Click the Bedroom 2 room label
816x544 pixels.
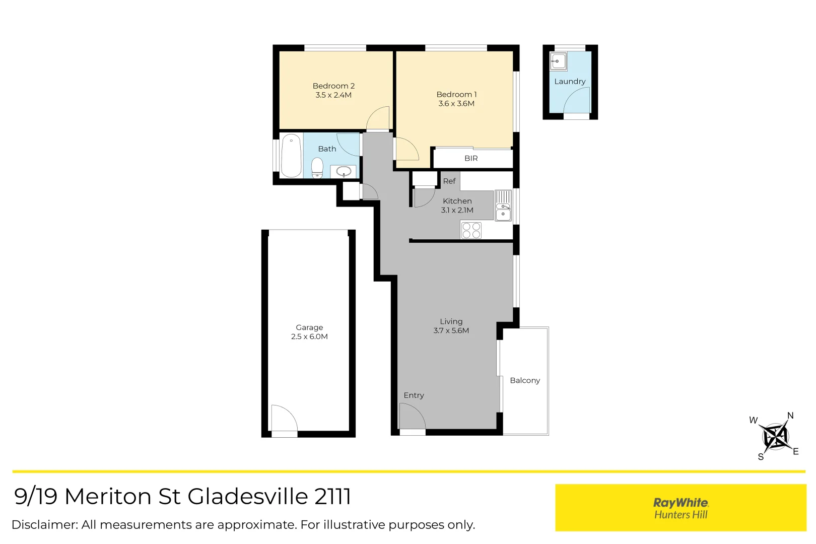(333, 86)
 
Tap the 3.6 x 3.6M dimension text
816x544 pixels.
(456, 103)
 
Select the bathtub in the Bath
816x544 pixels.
(291, 156)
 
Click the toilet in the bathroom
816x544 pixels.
(317, 168)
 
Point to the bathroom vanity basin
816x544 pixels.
(344, 171)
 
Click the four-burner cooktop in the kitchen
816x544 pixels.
(471, 230)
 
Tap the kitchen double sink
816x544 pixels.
(503, 206)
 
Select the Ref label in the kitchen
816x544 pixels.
(449, 181)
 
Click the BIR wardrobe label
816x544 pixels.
(471, 159)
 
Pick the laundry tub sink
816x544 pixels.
(558, 61)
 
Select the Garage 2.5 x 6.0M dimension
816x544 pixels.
(309, 336)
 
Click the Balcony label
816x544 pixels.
(525, 380)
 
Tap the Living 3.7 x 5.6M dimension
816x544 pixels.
(451, 331)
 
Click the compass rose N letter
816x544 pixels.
(790, 416)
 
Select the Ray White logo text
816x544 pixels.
(681, 503)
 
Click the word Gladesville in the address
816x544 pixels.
(248, 496)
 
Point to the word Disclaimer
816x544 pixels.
(45, 525)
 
